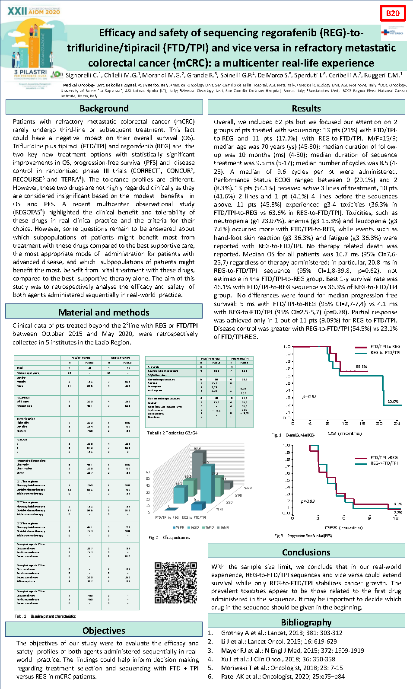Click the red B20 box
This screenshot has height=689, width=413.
(393, 13)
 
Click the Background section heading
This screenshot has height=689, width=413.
(104, 108)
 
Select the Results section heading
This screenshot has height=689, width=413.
(306, 108)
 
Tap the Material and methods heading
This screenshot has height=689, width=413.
(104, 312)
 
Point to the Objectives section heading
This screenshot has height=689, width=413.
(104, 630)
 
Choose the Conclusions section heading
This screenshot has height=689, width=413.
(306, 552)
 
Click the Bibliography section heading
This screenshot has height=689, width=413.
(306, 622)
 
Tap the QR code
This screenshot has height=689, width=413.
(176, 583)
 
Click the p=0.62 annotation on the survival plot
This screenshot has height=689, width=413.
(309, 396)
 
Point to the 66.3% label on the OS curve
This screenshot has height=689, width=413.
(361, 367)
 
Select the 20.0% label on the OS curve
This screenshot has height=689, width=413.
(393, 402)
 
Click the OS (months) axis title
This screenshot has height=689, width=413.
(344, 433)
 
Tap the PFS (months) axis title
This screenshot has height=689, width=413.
(343, 527)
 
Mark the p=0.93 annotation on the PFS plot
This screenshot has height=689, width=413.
(308, 501)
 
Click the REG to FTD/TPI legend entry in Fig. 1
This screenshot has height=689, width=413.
(385, 352)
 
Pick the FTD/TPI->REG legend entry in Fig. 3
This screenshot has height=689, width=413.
(384, 457)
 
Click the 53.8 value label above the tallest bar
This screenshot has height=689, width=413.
(197, 448)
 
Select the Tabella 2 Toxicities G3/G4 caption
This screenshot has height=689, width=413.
(172, 433)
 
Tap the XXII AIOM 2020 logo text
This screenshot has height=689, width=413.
(34, 11)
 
